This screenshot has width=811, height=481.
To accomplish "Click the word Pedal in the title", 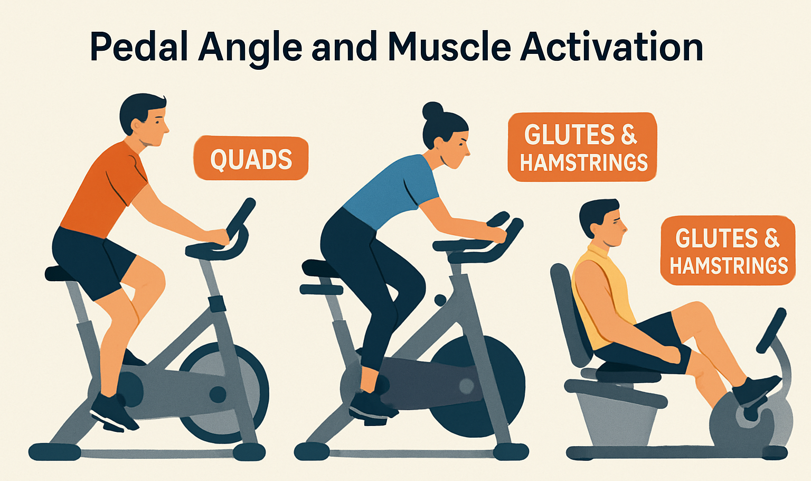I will point(139,48).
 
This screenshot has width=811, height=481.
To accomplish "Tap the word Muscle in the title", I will point(449,48).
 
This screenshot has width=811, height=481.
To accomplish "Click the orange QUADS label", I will point(251,159).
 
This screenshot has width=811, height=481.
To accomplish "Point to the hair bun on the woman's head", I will point(432,110).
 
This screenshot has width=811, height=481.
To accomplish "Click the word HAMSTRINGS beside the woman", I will point(583,163).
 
